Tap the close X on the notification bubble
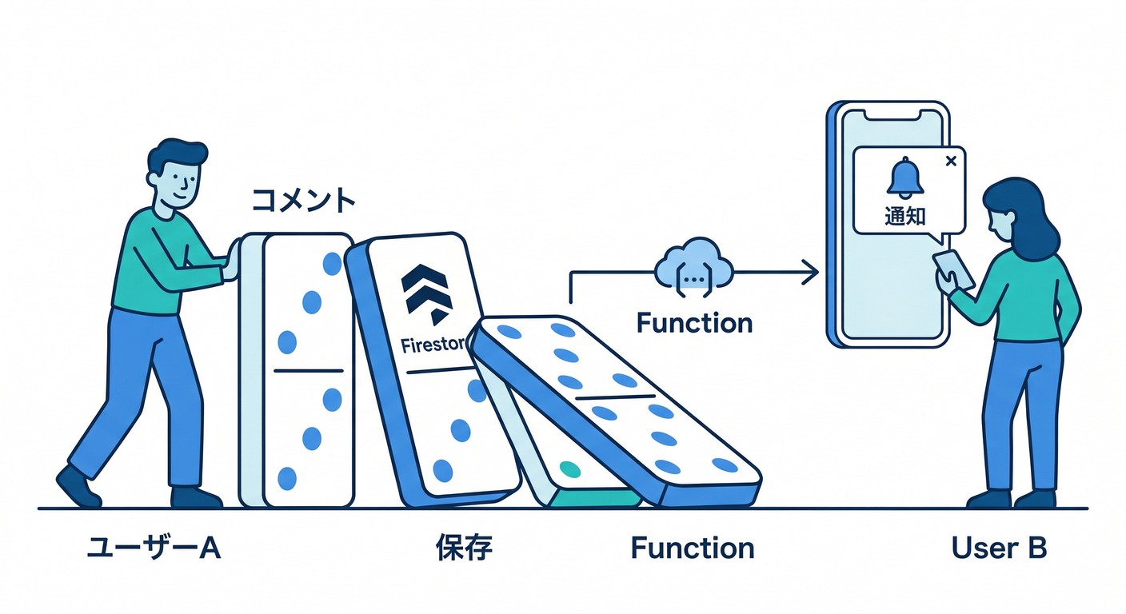point(950,161)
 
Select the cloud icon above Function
point(693,263)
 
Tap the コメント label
point(303,201)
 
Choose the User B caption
point(999,548)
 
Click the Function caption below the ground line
point(692,548)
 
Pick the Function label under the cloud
point(694,323)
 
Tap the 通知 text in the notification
point(904,216)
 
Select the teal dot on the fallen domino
point(569,468)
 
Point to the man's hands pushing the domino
point(232,260)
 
